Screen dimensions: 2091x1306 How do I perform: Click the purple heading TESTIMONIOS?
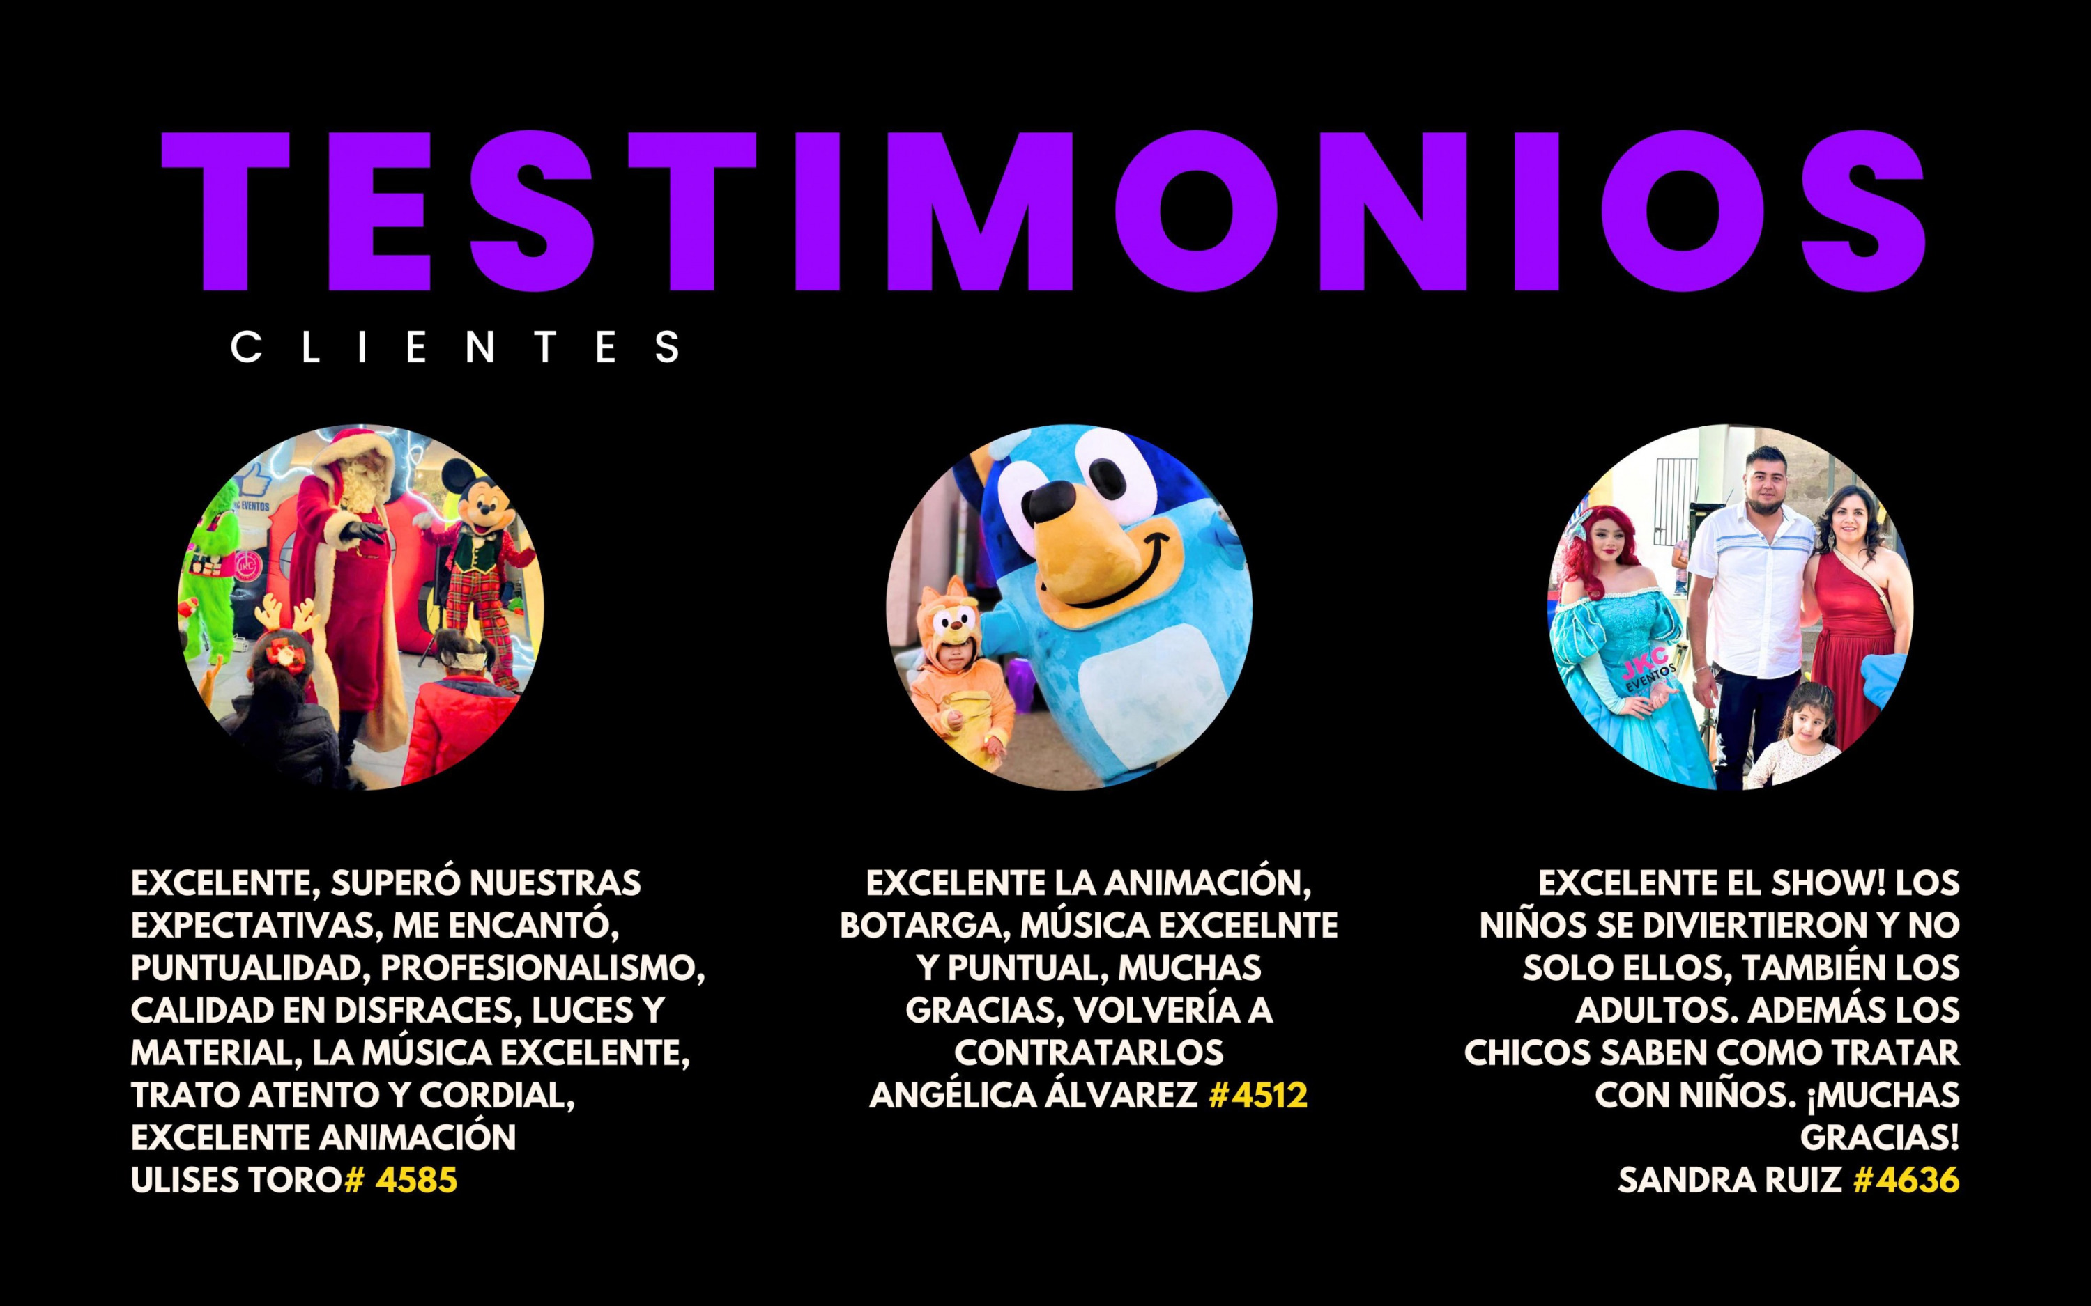1043,212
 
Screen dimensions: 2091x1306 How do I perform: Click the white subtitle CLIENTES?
455,348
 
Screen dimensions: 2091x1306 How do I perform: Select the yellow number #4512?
1258,1095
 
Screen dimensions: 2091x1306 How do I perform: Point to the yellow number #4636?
1906,1180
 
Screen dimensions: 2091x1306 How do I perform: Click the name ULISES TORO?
237,1180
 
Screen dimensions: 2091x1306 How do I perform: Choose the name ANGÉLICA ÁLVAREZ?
1034,1095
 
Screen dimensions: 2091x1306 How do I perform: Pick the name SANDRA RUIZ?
1730,1180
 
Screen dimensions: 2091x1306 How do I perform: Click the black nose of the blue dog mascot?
1054,501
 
